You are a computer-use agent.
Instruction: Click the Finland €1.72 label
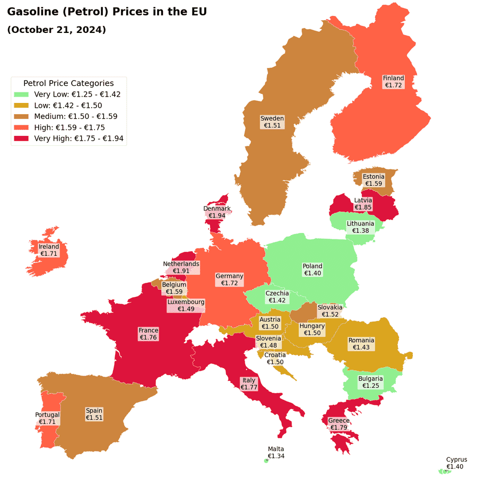coord(393,82)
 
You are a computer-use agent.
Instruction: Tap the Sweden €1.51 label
coord(272,122)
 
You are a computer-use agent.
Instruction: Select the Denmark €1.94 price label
coord(217,212)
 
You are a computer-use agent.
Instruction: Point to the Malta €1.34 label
coord(276,453)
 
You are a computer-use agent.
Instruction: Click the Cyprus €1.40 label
coord(456,463)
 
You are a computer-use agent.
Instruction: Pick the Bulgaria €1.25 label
coord(370,383)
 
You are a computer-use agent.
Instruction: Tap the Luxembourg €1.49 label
coord(186,306)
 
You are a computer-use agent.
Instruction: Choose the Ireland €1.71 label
coord(49,250)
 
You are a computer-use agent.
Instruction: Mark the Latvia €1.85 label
coord(363,204)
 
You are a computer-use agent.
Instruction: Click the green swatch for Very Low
coord(21,94)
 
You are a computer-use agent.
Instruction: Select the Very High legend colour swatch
coord(21,138)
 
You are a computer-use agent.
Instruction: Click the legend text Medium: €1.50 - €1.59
coord(75,116)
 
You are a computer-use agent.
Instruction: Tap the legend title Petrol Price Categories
coord(68,83)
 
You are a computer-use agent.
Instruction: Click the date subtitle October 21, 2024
coord(57,30)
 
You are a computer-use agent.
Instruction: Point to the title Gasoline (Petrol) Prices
coord(107,11)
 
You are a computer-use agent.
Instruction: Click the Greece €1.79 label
coord(339,424)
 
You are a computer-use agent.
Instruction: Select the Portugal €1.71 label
coord(47,418)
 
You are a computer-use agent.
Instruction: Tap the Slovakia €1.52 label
coord(330,311)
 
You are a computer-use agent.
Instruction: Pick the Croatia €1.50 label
coord(275,359)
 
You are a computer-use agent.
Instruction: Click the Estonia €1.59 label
coord(374,180)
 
